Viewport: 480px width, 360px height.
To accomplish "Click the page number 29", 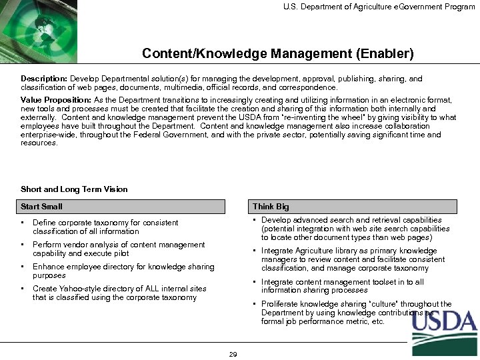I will click(x=233, y=354).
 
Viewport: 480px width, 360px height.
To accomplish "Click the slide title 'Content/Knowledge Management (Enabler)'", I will click(x=277, y=52).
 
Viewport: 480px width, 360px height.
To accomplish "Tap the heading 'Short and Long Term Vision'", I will click(x=74, y=189).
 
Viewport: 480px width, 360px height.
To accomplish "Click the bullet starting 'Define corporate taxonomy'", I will click(x=105, y=227).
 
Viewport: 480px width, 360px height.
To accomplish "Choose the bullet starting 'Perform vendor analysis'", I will click(x=119, y=249).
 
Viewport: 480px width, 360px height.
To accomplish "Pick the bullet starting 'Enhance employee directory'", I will click(x=123, y=271).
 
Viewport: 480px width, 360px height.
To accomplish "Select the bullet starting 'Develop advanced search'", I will click(x=356, y=229).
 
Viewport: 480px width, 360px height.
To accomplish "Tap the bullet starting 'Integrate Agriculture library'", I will click(x=353, y=259).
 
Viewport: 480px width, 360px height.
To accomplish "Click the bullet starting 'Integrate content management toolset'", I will click(x=351, y=286).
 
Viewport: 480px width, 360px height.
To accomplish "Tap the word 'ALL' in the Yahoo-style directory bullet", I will click(x=163, y=289).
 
